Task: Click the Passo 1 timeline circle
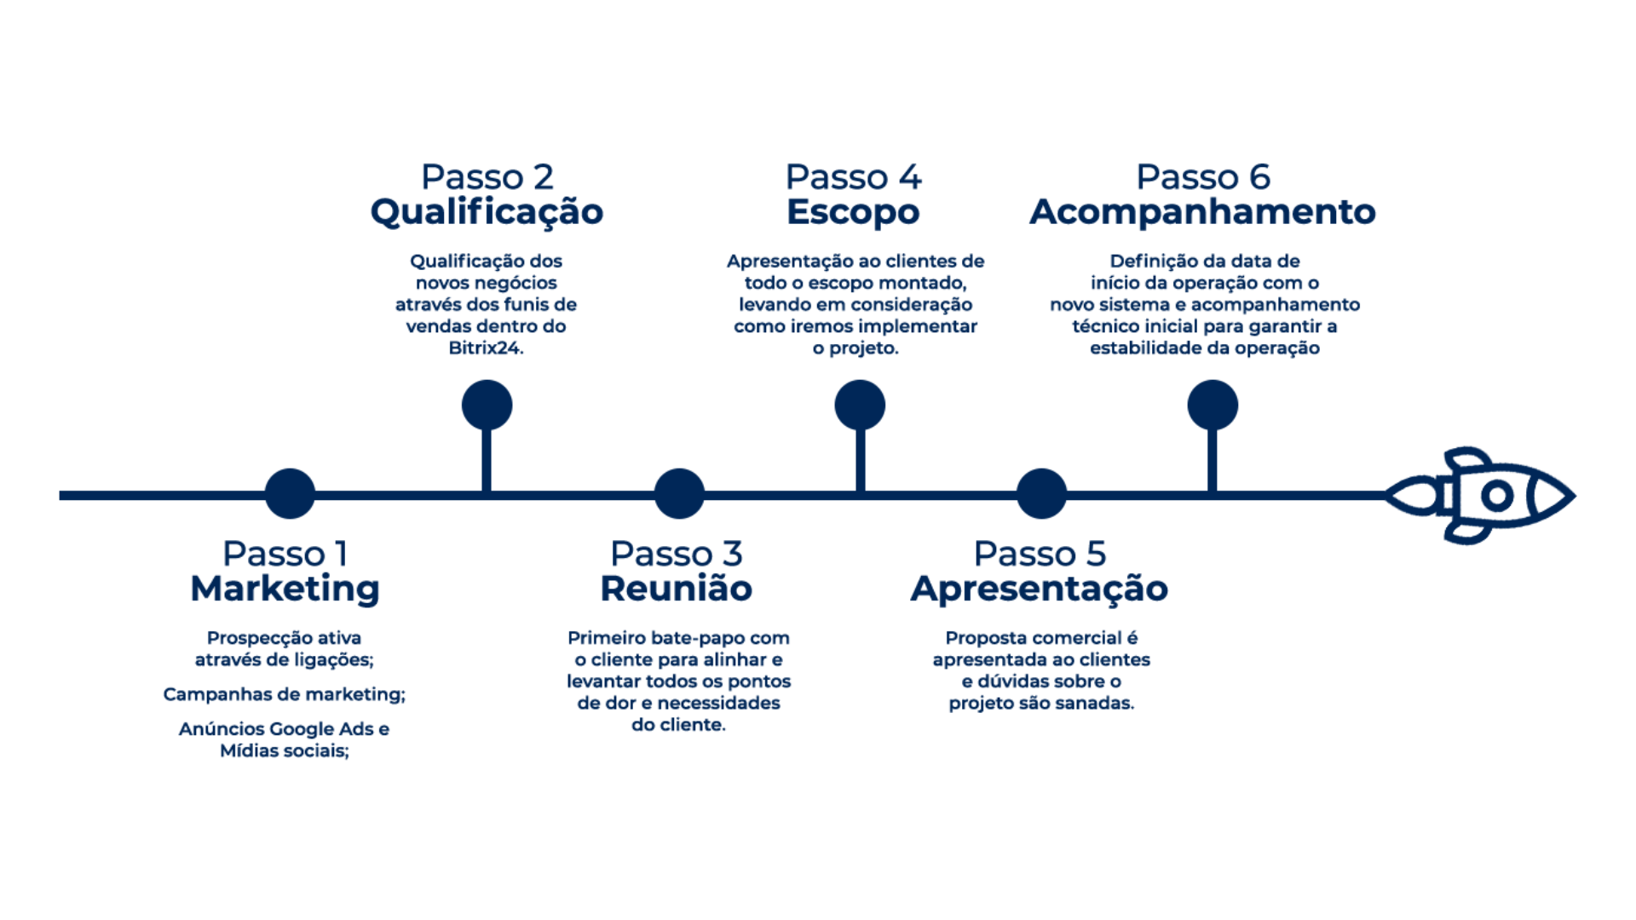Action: pyautogui.click(x=290, y=493)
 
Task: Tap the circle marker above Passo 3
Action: pyautogui.click(x=679, y=493)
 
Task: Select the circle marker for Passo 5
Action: pyautogui.click(x=1041, y=493)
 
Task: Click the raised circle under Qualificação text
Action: pyautogui.click(x=487, y=405)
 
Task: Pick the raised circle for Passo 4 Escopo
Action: pyautogui.click(x=860, y=405)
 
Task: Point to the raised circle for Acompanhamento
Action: pyautogui.click(x=1213, y=405)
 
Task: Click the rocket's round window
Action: pyautogui.click(x=1495, y=495)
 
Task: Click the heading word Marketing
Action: pyautogui.click(x=285, y=589)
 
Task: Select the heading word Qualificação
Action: pyautogui.click(x=487, y=212)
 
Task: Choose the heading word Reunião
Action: pyautogui.click(x=677, y=589)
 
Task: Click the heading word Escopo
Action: pyautogui.click(x=853, y=212)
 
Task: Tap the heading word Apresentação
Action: pyautogui.click(x=1040, y=589)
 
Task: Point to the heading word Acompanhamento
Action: pyautogui.click(x=1202, y=212)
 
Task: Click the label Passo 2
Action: pyautogui.click(x=487, y=177)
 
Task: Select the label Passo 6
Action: pyautogui.click(x=1202, y=177)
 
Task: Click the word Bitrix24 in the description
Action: pyautogui.click(x=486, y=348)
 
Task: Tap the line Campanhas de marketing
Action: pyautogui.click(x=285, y=695)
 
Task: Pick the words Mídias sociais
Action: pyautogui.click(x=285, y=751)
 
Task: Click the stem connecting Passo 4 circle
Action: pyautogui.click(x=860, y=460)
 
